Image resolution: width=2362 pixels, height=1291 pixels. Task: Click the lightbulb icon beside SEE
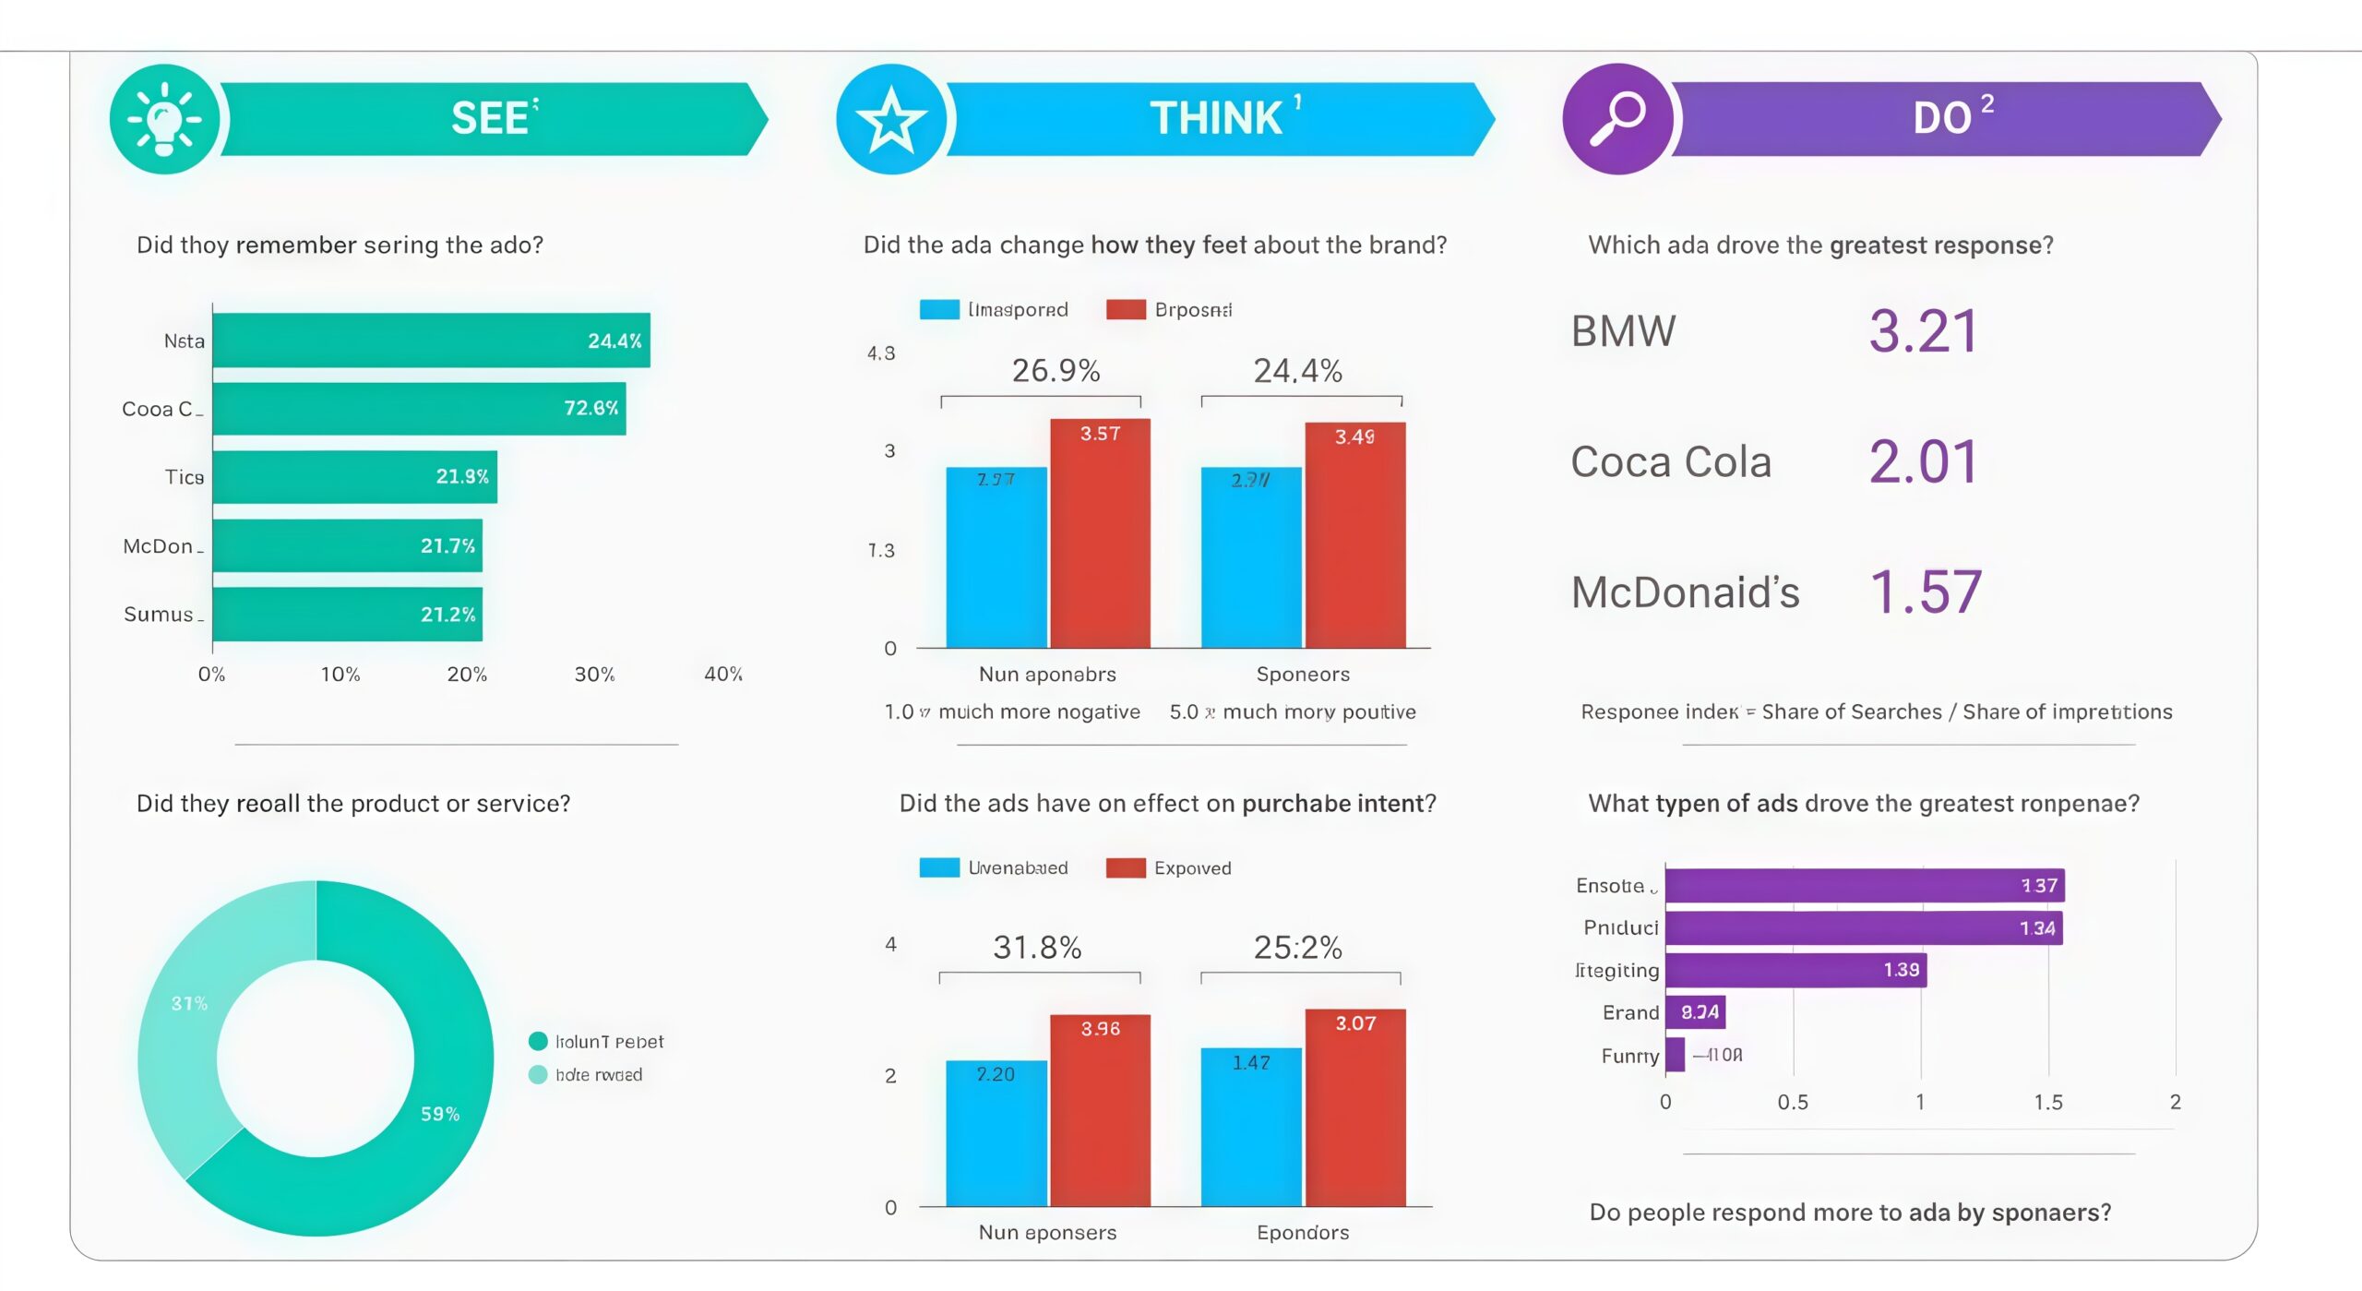(164, 119)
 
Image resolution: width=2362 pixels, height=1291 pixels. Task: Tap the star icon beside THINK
(890, 119)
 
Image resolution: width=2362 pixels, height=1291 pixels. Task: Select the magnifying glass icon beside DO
(1616, 119)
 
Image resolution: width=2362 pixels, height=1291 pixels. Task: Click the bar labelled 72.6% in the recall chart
(419, 409)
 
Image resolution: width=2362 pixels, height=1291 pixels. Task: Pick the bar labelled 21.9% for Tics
(354, 477)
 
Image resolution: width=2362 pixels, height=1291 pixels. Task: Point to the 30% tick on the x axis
(594, 675)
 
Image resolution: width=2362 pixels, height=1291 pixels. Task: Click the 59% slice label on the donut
(440, 1114)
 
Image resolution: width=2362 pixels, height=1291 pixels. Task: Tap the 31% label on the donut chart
(189, 1003)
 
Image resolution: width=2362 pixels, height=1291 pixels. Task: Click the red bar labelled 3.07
(1354, 1107)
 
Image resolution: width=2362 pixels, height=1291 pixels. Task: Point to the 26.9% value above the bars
(1056, 371)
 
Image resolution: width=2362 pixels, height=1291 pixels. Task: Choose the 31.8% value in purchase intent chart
(1037, 948)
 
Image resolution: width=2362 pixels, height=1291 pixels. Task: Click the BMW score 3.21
(1924, 331)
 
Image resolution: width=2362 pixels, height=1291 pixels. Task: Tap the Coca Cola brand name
(1671, 461)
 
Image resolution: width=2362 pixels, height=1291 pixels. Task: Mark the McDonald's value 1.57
(1926, 592)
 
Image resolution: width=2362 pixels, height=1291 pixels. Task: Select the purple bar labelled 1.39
(1795, 970)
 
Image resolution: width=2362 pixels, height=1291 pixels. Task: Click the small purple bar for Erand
(1695, 1012)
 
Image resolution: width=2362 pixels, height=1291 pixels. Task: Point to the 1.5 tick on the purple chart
(2048, 1102)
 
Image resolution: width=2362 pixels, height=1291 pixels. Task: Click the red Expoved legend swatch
(1126, 867)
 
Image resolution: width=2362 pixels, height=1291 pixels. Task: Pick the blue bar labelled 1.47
(1251, 1127)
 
